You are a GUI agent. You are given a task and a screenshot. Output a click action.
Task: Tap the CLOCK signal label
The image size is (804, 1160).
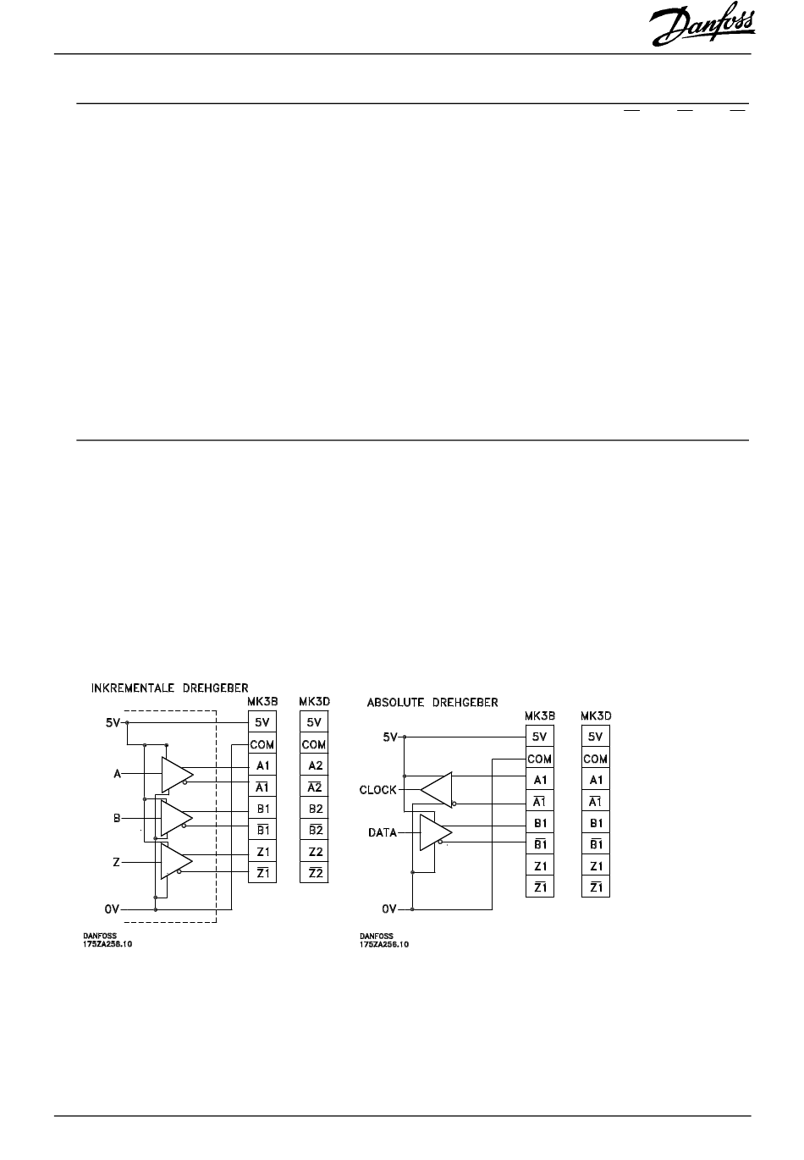377,790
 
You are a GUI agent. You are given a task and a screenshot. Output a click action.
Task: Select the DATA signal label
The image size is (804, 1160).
383,833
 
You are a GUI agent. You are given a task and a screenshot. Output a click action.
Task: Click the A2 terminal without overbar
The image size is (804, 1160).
315,765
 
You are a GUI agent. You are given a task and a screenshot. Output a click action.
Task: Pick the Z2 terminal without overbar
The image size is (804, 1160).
315,852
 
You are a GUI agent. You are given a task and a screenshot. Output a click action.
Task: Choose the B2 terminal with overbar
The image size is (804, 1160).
315,831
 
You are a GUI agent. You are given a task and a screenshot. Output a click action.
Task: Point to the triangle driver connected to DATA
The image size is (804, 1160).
434,833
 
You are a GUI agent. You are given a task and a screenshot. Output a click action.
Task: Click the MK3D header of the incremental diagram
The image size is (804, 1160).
314,701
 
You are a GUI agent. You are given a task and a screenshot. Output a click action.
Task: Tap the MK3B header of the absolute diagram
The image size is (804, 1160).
539,715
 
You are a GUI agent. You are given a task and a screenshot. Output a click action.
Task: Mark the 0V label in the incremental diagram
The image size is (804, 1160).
113,909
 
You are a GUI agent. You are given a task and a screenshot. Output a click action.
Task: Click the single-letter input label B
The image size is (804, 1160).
117,818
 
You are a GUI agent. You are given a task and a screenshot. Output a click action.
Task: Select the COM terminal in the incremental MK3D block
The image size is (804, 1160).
314,745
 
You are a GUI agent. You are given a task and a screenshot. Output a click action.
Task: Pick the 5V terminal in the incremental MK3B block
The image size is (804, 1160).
262,723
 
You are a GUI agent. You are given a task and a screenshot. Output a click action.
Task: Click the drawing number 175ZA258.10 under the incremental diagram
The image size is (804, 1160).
107,944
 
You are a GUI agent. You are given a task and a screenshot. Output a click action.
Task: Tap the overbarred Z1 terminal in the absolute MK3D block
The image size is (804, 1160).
596,887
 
